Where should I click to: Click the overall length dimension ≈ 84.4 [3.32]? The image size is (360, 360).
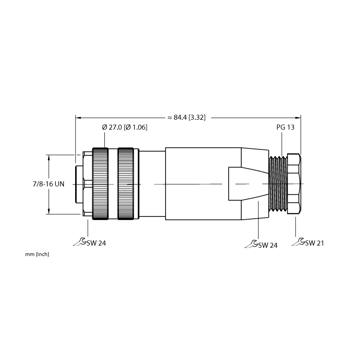(x=186, y=117)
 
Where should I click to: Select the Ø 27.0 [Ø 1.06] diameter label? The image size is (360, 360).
(x=125, y=127)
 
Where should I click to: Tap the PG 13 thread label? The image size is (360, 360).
(x=285, y=127)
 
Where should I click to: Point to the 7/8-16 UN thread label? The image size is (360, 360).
(x=49, y=184)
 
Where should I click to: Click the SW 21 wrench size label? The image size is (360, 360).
(x=315, y=243)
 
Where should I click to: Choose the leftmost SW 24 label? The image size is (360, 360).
(x=96, y=243)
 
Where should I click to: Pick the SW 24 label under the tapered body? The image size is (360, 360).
(x=268, y=245)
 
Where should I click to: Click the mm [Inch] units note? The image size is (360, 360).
(x=37, y=254)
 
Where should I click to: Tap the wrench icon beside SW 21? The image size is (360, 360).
(x=298, y=242)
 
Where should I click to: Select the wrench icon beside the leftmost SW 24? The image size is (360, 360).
(x=80, y=242)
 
